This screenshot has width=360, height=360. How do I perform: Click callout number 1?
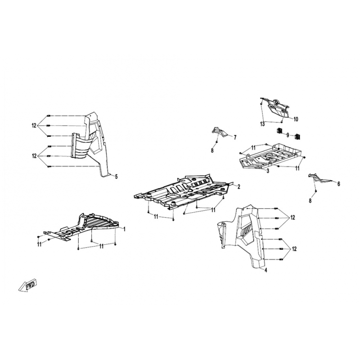pyautogui.click(x=125, y=229)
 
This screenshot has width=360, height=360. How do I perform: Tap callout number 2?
pyautogui.click(x=239, y=187)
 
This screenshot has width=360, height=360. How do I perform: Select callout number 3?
pyautogui.click(x=268, y=171)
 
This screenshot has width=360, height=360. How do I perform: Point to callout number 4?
pyautogui.click(x=266, y=270)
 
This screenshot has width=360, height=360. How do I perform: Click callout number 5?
pyautogui.click(x=116, y=176)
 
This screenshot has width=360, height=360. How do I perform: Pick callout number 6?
pyautogui.click(x=339, y=184)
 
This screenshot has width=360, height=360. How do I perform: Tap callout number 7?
pyautogui.click(x=235, y=138)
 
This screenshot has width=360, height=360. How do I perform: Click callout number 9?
pyautogui.click(x=288, y=135)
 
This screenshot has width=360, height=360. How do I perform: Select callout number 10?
pyautogui.click(x=296, y=119)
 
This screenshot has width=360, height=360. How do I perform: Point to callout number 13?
pyautogui.click(x=262, y=124)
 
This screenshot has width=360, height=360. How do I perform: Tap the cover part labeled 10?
pyautogui.click(x=275, y=108)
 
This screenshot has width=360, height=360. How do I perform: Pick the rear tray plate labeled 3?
pyautogui.click(x=271, y=156)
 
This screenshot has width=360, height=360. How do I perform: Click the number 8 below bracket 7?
pyautogui.click(x=212, y=150)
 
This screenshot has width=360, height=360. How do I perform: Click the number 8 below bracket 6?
pyautogui.click(x=310, y=201)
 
